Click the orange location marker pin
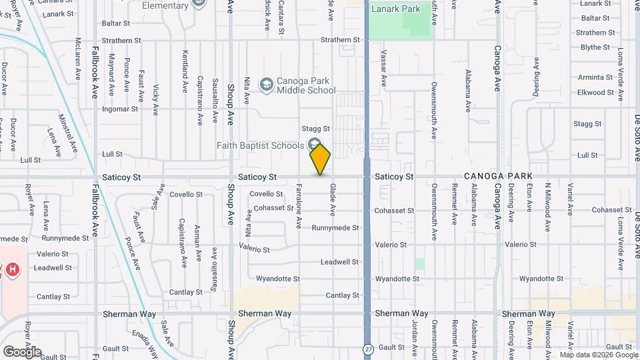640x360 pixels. pos(321,159)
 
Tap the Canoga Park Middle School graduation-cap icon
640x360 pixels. pos(267,84)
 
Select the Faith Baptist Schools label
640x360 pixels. pos(260,145)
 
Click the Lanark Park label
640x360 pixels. pos(396,9)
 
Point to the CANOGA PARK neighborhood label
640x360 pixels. pos(498,176)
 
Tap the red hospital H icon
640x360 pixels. pos(11,270)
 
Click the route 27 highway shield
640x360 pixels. pos(367,349)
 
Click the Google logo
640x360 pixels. pos(22,351)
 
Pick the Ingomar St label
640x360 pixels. pos(120,109)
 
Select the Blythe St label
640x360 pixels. pos(595,47)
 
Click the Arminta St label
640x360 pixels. pos(595,77)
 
